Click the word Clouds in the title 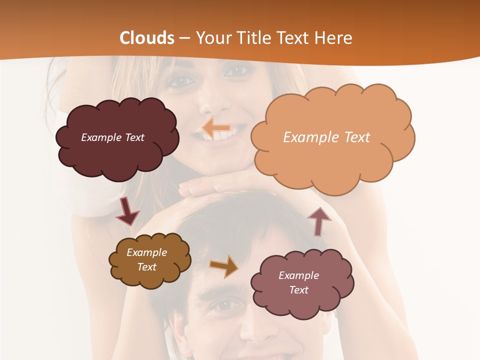pyautogui.click(x=147, y=38)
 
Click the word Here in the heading pyautogui.click(x=335, y=38)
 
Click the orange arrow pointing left pyautogui.click(x=216, y=128)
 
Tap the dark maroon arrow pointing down pyautogui.click(x=126, y=211)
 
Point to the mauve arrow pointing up pyautogui.click(x=318, y=221)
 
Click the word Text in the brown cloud pyautogui.click(x=147, y=267)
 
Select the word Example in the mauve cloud pyautogui.click(x=298, y=275)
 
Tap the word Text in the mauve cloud pyautogui.click(x=298, y=290)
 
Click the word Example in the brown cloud pyautogui.click(x=147, y=252)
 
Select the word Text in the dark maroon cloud pyautogui.click(x=133, y=137)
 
